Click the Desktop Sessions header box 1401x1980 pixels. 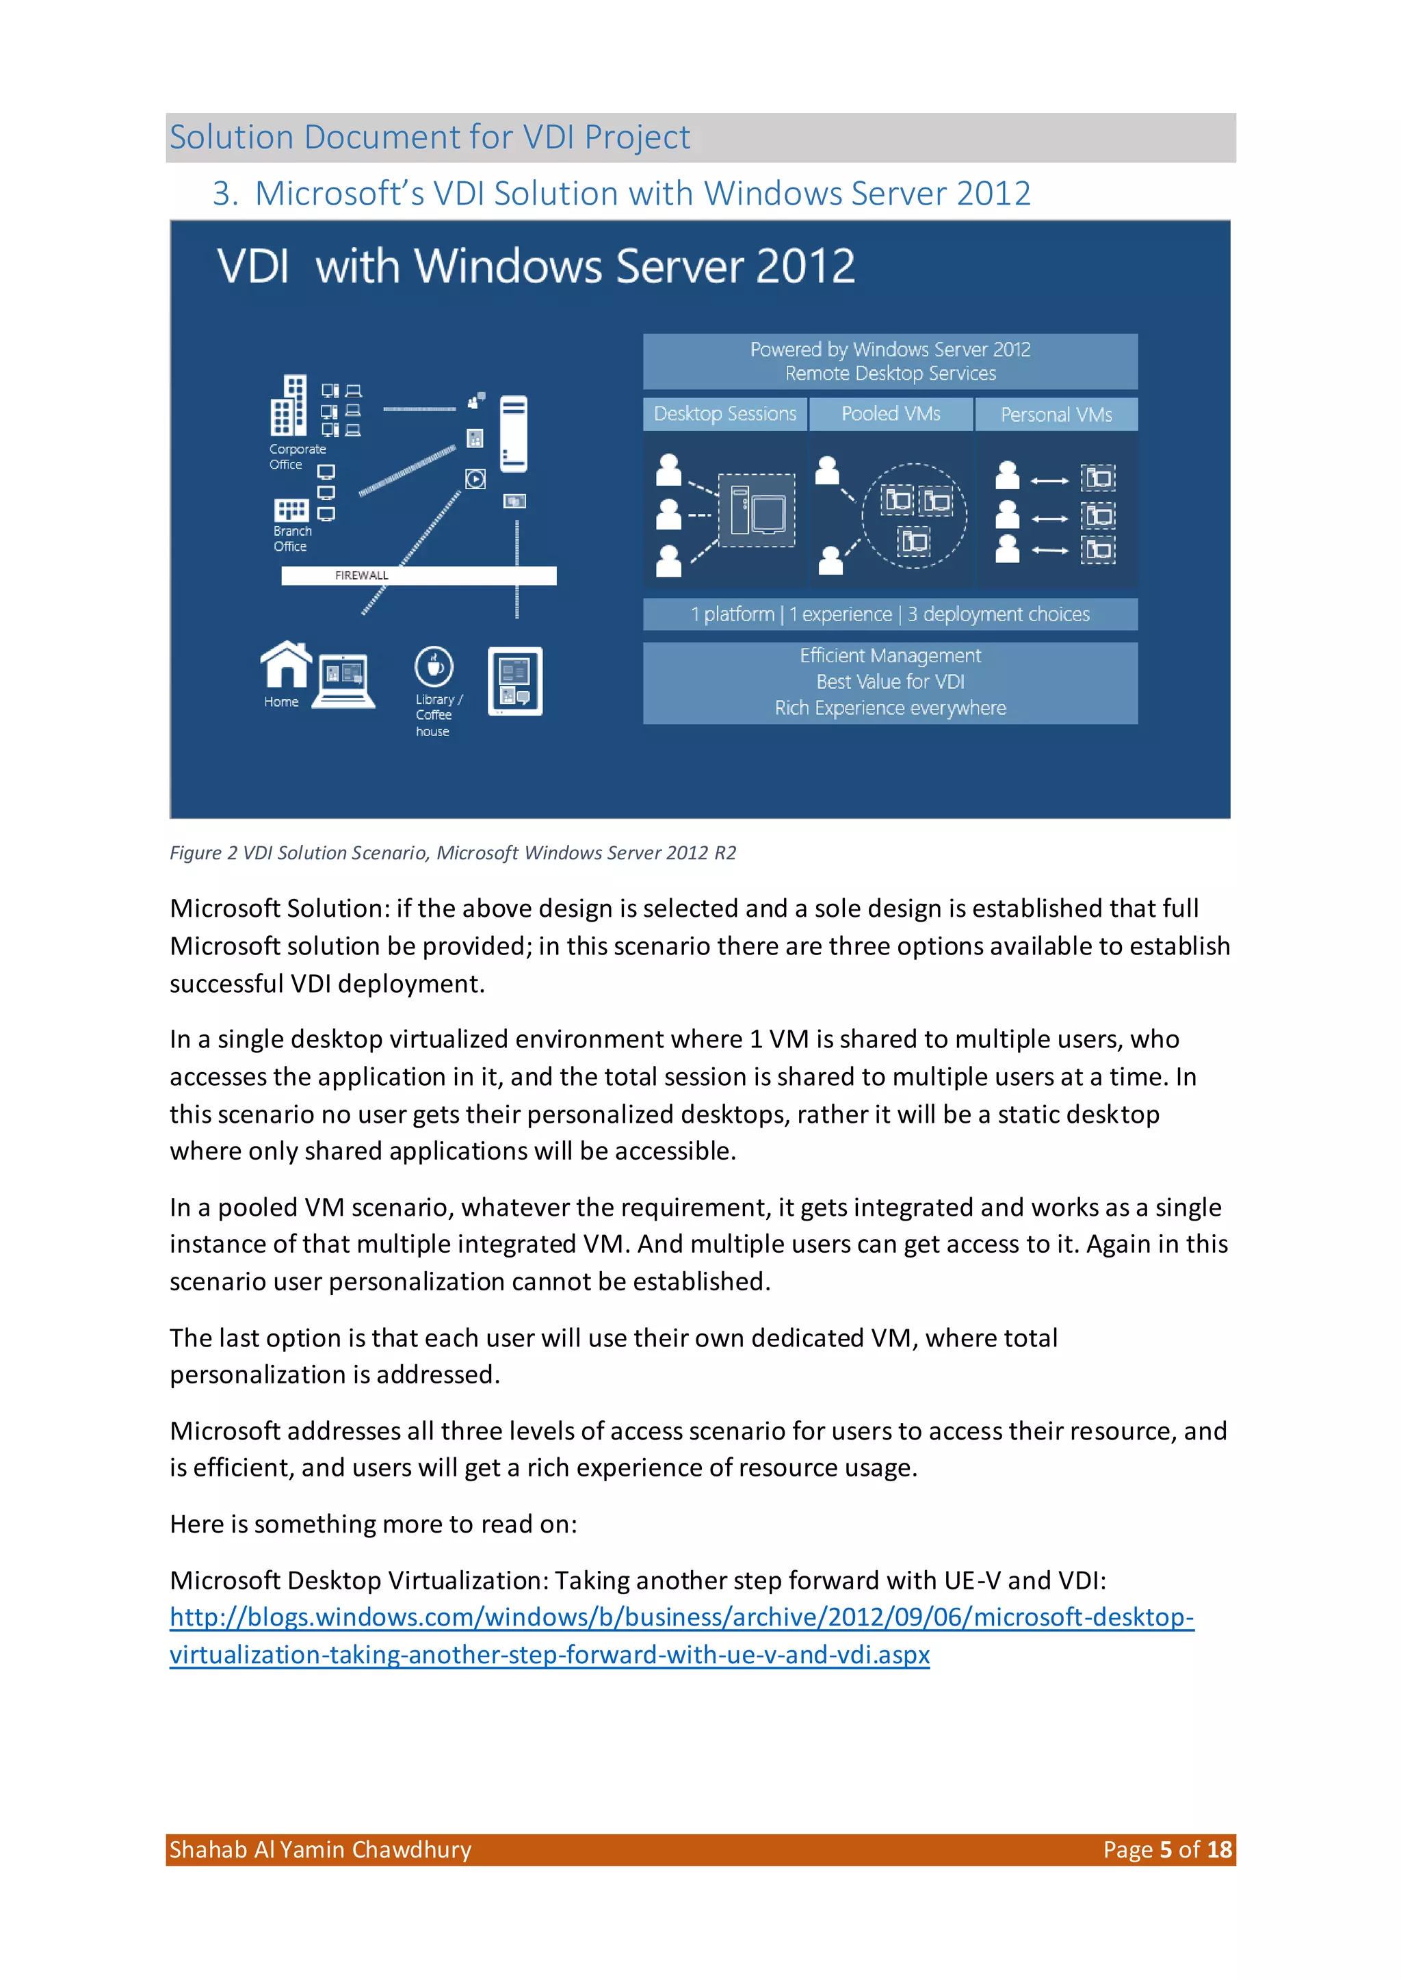724,414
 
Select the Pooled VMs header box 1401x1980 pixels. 890,414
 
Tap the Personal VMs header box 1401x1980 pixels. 1056,415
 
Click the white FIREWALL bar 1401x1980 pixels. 419,575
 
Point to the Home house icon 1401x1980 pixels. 285,664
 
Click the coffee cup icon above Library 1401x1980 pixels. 434,666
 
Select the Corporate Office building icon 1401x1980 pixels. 289,406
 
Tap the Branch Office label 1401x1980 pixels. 291,538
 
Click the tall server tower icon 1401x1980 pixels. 513,433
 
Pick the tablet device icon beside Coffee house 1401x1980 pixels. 515,681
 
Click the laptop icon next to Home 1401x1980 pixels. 343,681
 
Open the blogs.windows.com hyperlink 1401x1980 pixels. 681,1636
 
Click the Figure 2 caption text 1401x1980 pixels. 453,853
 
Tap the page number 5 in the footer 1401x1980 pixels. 1166,1850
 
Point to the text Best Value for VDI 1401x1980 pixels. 890,681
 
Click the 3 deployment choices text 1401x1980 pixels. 998,614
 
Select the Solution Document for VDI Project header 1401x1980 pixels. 430,137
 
